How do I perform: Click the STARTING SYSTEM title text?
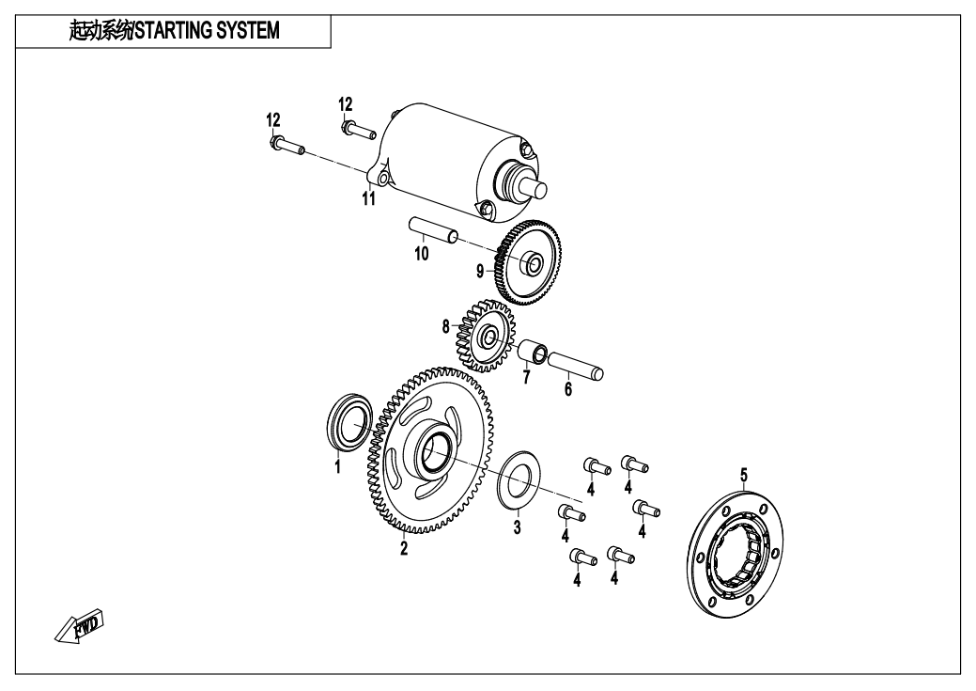coord(175,31)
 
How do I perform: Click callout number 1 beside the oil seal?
coord(338,466)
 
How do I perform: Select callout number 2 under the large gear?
coord(404,549)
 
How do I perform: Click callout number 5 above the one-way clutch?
coord(744,475)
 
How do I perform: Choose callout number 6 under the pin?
coord(567,389)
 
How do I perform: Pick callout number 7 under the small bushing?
coord(526,378)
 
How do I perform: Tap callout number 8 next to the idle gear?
coord(447,327)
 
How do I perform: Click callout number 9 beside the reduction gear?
coord(480,271)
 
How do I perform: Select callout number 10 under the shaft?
coord(422,254)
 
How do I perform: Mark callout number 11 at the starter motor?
coord(369,198)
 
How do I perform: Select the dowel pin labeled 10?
coord(433,229)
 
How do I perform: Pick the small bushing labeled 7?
coord(534,354)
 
